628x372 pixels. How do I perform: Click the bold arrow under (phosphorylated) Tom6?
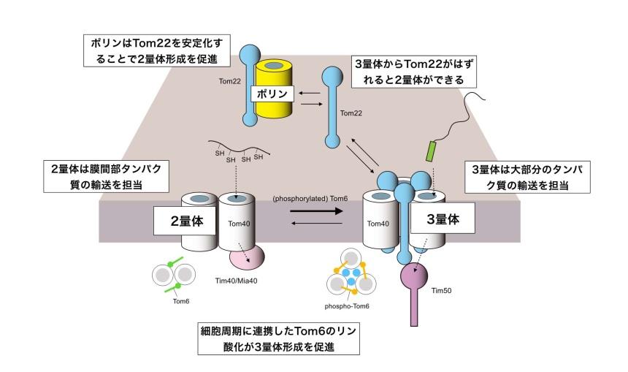[316, 211]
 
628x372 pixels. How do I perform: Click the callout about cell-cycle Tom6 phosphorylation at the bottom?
[279, 338]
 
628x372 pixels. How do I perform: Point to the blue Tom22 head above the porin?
[250, 53]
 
